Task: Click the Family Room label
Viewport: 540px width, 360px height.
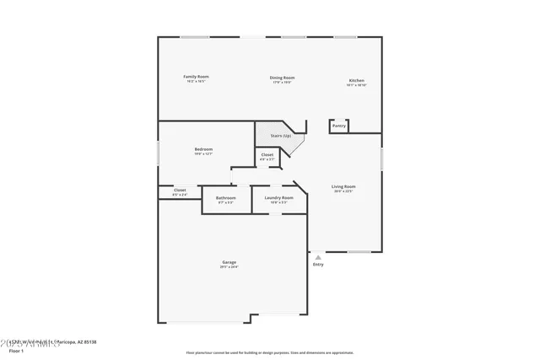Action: click(197, 77)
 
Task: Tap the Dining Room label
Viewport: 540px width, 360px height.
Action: click(282, 78)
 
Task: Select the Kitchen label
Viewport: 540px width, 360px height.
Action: click(356, 81)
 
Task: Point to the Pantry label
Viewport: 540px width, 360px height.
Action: click(338, 126)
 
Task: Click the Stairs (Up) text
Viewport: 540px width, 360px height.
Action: click(281, 136)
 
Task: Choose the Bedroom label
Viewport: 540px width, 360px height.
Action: click(203, 149)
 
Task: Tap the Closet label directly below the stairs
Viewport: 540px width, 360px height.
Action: click(267, 155)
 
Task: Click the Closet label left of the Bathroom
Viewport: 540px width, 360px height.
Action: click(180, 191)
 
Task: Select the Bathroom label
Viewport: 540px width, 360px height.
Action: click(226, 197)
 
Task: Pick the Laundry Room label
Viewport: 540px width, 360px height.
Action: click(278, 197)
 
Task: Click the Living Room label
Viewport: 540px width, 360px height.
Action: click(343, 186)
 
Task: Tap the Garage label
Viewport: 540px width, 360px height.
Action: click(229, 262)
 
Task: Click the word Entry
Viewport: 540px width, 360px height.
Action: click(318, 265)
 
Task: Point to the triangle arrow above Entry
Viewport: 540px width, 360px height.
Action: click(318, 257)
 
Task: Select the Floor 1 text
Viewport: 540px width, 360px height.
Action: click(17, 349)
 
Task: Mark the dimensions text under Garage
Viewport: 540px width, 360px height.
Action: click(229, 267)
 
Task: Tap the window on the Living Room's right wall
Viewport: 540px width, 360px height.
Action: click(381, 158)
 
